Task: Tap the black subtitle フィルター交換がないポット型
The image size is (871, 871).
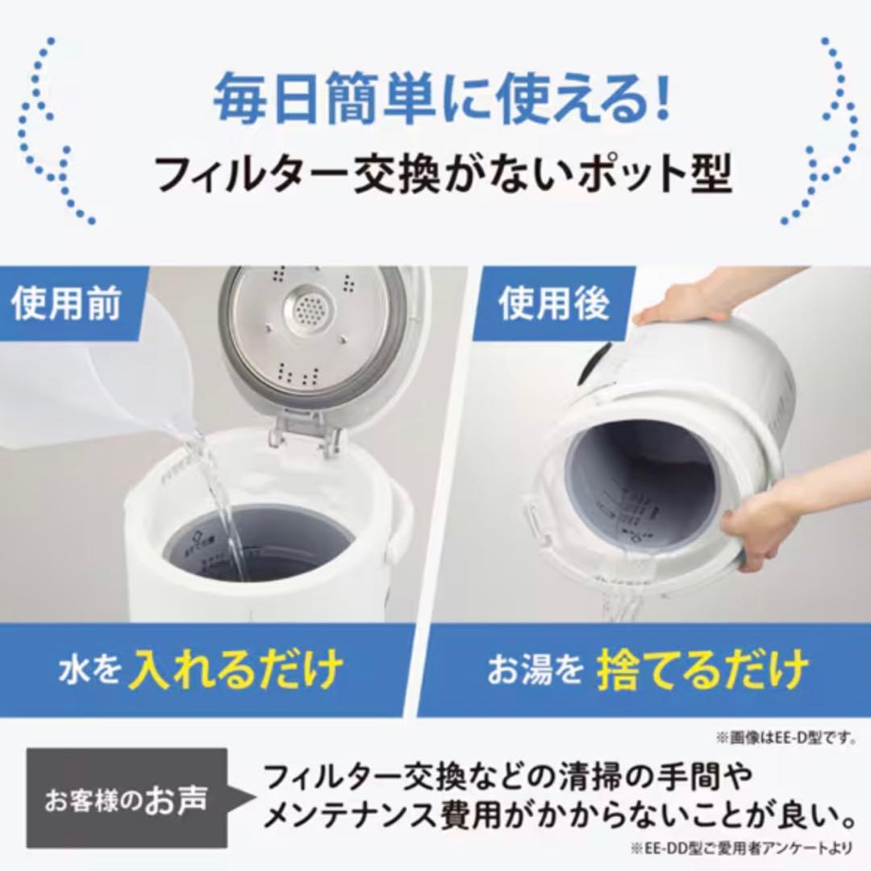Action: click(x=443, y=173)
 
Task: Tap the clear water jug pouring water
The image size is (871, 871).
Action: click(x=97, y=379)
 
